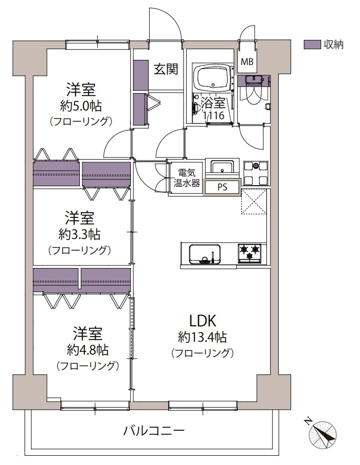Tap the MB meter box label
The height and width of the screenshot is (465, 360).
click(x=247, y=62)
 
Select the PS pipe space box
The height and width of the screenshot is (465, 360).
click(x=222, y=187)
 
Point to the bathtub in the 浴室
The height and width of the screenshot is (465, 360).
click(x=213, y=78)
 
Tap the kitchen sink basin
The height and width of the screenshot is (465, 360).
click(x=205, y=253)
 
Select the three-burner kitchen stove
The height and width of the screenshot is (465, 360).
click(x=250, y=253)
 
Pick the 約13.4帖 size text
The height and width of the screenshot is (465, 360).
click(x=202, y=337)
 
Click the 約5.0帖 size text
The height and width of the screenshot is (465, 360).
click(x=80, y=106)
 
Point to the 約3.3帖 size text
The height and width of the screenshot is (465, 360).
click(x=79, y=234)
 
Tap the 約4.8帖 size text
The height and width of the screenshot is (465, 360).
click(x=87, y=350)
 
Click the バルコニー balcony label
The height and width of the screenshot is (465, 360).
click(x=153, y=430)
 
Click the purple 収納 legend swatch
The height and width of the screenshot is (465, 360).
click(x=311, y=45)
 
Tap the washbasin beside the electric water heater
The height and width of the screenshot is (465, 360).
click(x=222, y=168)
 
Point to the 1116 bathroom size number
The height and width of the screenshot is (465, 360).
click(x=214, y=116)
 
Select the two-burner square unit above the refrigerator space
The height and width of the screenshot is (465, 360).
click(x=256, y=172)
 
